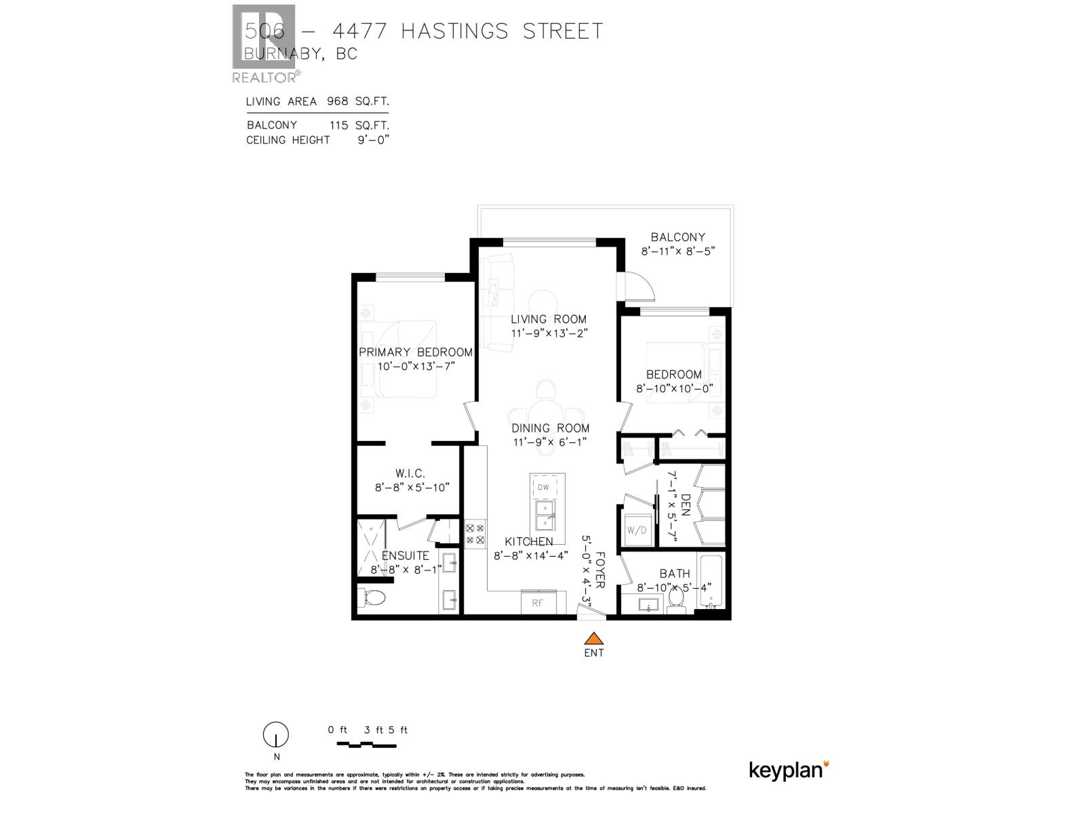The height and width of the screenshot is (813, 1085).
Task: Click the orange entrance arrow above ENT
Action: tap(594, 638)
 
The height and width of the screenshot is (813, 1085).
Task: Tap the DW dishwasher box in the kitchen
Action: tap(543, 487)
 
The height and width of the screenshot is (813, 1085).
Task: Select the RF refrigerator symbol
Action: tap(538, 602)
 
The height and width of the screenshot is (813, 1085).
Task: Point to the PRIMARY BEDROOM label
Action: tap(415, 352)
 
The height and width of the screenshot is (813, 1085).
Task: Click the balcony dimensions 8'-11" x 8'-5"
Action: tap(678, 251)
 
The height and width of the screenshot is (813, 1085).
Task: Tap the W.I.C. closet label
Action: tap(410, 474)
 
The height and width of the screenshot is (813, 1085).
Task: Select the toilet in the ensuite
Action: tap(372, 598)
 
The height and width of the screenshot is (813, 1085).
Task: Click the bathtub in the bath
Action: tap(711, 583)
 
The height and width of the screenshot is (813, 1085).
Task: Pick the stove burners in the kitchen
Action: tap(475, 534)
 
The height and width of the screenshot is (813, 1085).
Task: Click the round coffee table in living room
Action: tap(543, 303)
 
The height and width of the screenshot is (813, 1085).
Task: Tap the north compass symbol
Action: tap(276, 734)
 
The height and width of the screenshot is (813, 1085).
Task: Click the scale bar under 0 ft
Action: tap(366, 745)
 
